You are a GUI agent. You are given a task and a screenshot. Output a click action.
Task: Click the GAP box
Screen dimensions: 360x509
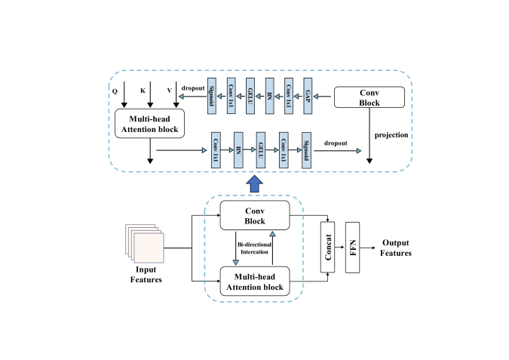pyautogui.click(x=307, y=96)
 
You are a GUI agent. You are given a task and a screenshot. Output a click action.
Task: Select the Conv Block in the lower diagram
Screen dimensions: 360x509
pyautogui.click(x=254, y=216)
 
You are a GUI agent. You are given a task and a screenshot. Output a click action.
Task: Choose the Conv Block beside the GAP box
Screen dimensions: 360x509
pyautogui.click(x=368, y=97)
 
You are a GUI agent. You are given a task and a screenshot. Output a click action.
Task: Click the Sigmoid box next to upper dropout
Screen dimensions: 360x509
pyautogui.click(x=212, y=96)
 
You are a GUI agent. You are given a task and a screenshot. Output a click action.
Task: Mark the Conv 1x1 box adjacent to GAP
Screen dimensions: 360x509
pyautogui.click(x=288, y=96)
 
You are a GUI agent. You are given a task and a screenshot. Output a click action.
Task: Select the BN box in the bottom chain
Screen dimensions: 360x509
pyautogui.click(x=238, y=149)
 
